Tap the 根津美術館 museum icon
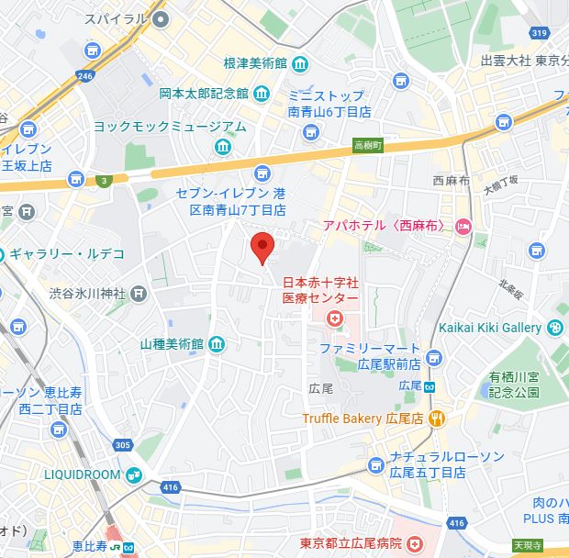click(300, 64)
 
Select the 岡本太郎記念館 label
click(204, 93)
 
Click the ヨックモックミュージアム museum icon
click(224, 147)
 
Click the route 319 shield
click(540, 33)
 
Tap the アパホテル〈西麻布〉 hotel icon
click(463, 226)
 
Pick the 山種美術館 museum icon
click(217, 344)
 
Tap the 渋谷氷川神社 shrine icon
click(139, 294)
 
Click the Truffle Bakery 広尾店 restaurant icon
click(438, 418)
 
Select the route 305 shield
click(122, 445)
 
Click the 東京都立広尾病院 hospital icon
click(415, 543)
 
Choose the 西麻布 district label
click(452, 180)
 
